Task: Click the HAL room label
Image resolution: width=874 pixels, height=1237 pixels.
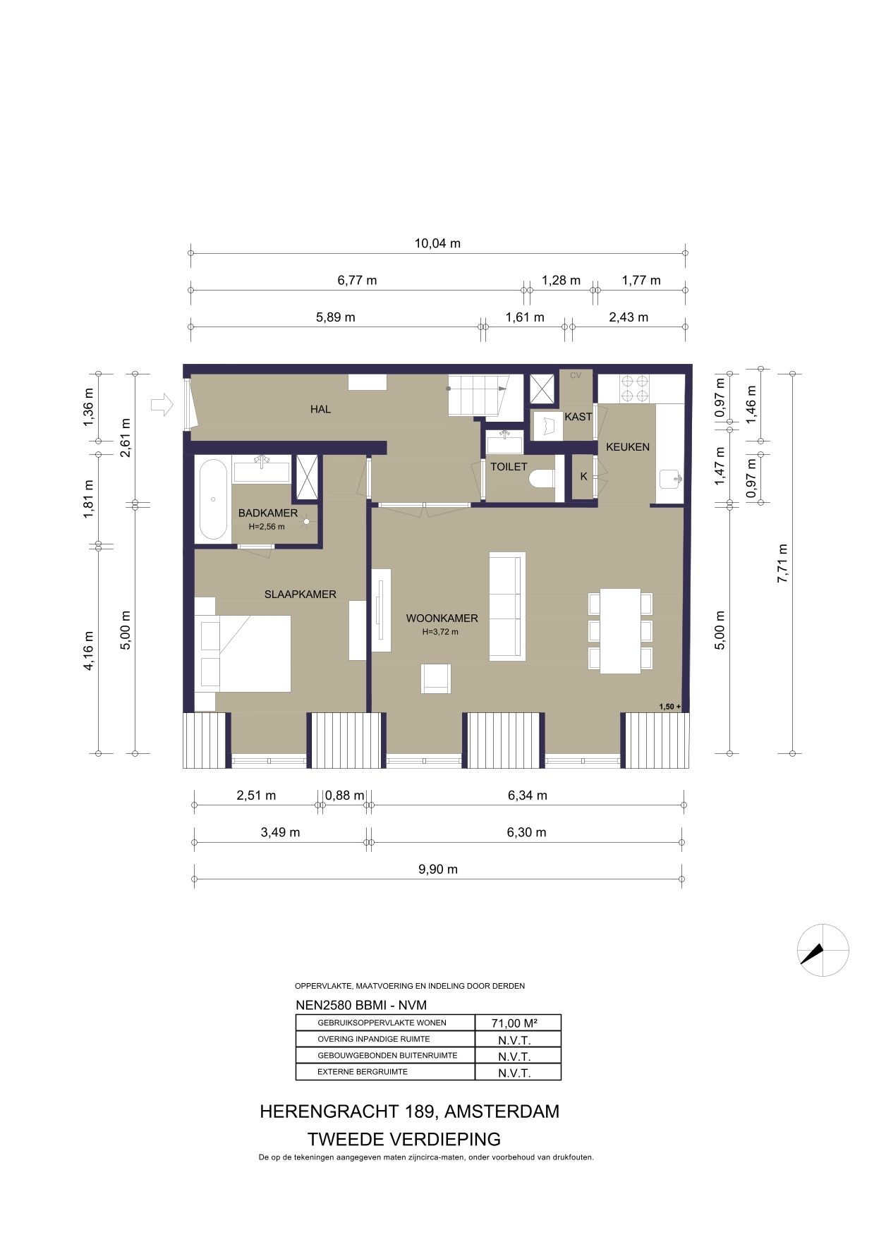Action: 320,409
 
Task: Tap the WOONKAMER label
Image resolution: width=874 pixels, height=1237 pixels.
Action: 442,618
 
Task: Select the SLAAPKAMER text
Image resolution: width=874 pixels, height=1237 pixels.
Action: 301,595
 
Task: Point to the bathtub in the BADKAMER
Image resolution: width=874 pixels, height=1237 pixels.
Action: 213,499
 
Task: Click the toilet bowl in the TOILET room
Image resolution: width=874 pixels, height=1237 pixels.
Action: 542,479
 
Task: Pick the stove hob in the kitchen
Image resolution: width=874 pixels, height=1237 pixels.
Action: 634,388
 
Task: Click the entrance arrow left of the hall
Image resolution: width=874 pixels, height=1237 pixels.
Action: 162,404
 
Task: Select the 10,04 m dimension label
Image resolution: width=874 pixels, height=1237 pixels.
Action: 437,243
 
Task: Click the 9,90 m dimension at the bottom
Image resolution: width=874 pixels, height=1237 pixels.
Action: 438,870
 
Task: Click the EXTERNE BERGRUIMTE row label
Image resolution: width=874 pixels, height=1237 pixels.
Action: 363,1072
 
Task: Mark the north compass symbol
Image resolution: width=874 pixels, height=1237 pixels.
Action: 823,950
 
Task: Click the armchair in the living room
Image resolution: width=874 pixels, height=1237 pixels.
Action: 436,678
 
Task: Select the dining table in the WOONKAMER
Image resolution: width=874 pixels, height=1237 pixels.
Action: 621,630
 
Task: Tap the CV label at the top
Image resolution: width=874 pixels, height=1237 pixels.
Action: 576,376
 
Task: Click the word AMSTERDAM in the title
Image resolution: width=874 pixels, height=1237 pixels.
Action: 502,1111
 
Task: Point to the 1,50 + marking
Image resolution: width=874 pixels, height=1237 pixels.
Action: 670,707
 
